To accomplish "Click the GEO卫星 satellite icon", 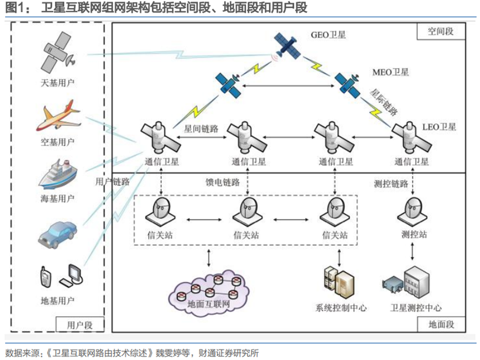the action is [287, 46].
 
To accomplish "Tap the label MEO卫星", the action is [390, 72].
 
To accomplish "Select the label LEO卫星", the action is [439, 127].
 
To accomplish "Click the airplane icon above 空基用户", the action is [59, 116].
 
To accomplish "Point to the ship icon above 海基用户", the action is [58, 174].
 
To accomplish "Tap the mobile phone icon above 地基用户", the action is [46, 277].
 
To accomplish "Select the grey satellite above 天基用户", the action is [58, 51].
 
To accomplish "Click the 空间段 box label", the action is [441, 31].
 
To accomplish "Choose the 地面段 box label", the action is [441, 324].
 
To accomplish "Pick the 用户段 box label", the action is [80, 325].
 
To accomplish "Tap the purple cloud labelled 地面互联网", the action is [209, 292].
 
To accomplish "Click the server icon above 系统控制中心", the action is [339, 282].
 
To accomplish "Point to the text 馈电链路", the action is [223, 183].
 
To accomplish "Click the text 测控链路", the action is [391, 184].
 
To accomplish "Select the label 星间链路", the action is [201, 128].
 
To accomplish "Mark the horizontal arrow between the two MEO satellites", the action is [288, 86].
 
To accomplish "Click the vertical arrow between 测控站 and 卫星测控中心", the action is [413, 251].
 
